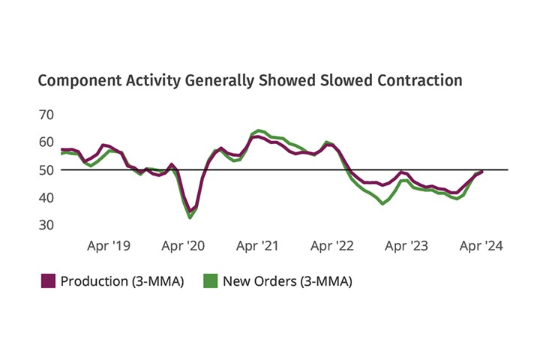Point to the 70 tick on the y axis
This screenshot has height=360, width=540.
click(46, 114)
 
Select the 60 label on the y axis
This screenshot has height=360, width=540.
click(46, 142)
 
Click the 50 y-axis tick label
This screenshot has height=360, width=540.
click(46, 169)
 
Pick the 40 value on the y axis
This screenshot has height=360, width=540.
click(46, 197)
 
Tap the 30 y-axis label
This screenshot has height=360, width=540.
click(46, 225)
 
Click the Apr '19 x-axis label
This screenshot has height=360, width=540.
click(109, 245)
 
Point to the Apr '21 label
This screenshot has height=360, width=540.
click(258, 245)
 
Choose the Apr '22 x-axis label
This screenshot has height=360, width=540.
click(332, 245)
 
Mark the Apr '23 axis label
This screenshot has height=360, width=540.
click(406, 245)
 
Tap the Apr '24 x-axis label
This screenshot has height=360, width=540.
click(481, 245)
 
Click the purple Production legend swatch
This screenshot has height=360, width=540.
click(46, 281)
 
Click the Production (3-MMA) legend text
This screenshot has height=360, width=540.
click(121, 281)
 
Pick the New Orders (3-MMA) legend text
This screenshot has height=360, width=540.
click(287, 281)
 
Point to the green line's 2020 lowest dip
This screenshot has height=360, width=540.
click(190, 217)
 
